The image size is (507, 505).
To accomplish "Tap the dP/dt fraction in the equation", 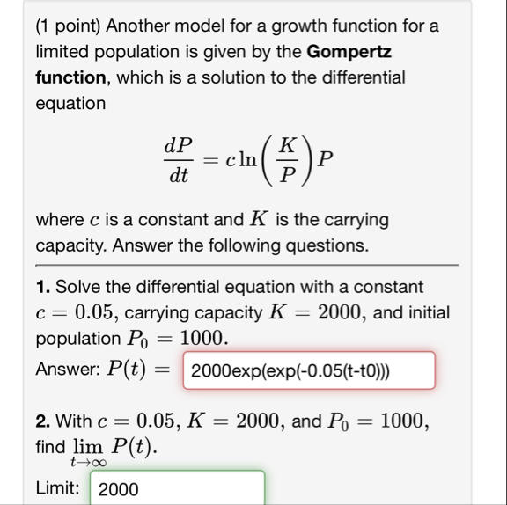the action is pos(180,160).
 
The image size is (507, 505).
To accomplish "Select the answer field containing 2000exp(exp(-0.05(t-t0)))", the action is pos(308,370).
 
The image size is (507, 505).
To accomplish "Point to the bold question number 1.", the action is pos(41,288).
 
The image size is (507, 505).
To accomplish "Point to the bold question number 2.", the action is pos(41,423).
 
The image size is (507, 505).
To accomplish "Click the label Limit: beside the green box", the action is pos(59,488).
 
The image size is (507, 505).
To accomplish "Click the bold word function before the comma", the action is pos(70,77).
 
